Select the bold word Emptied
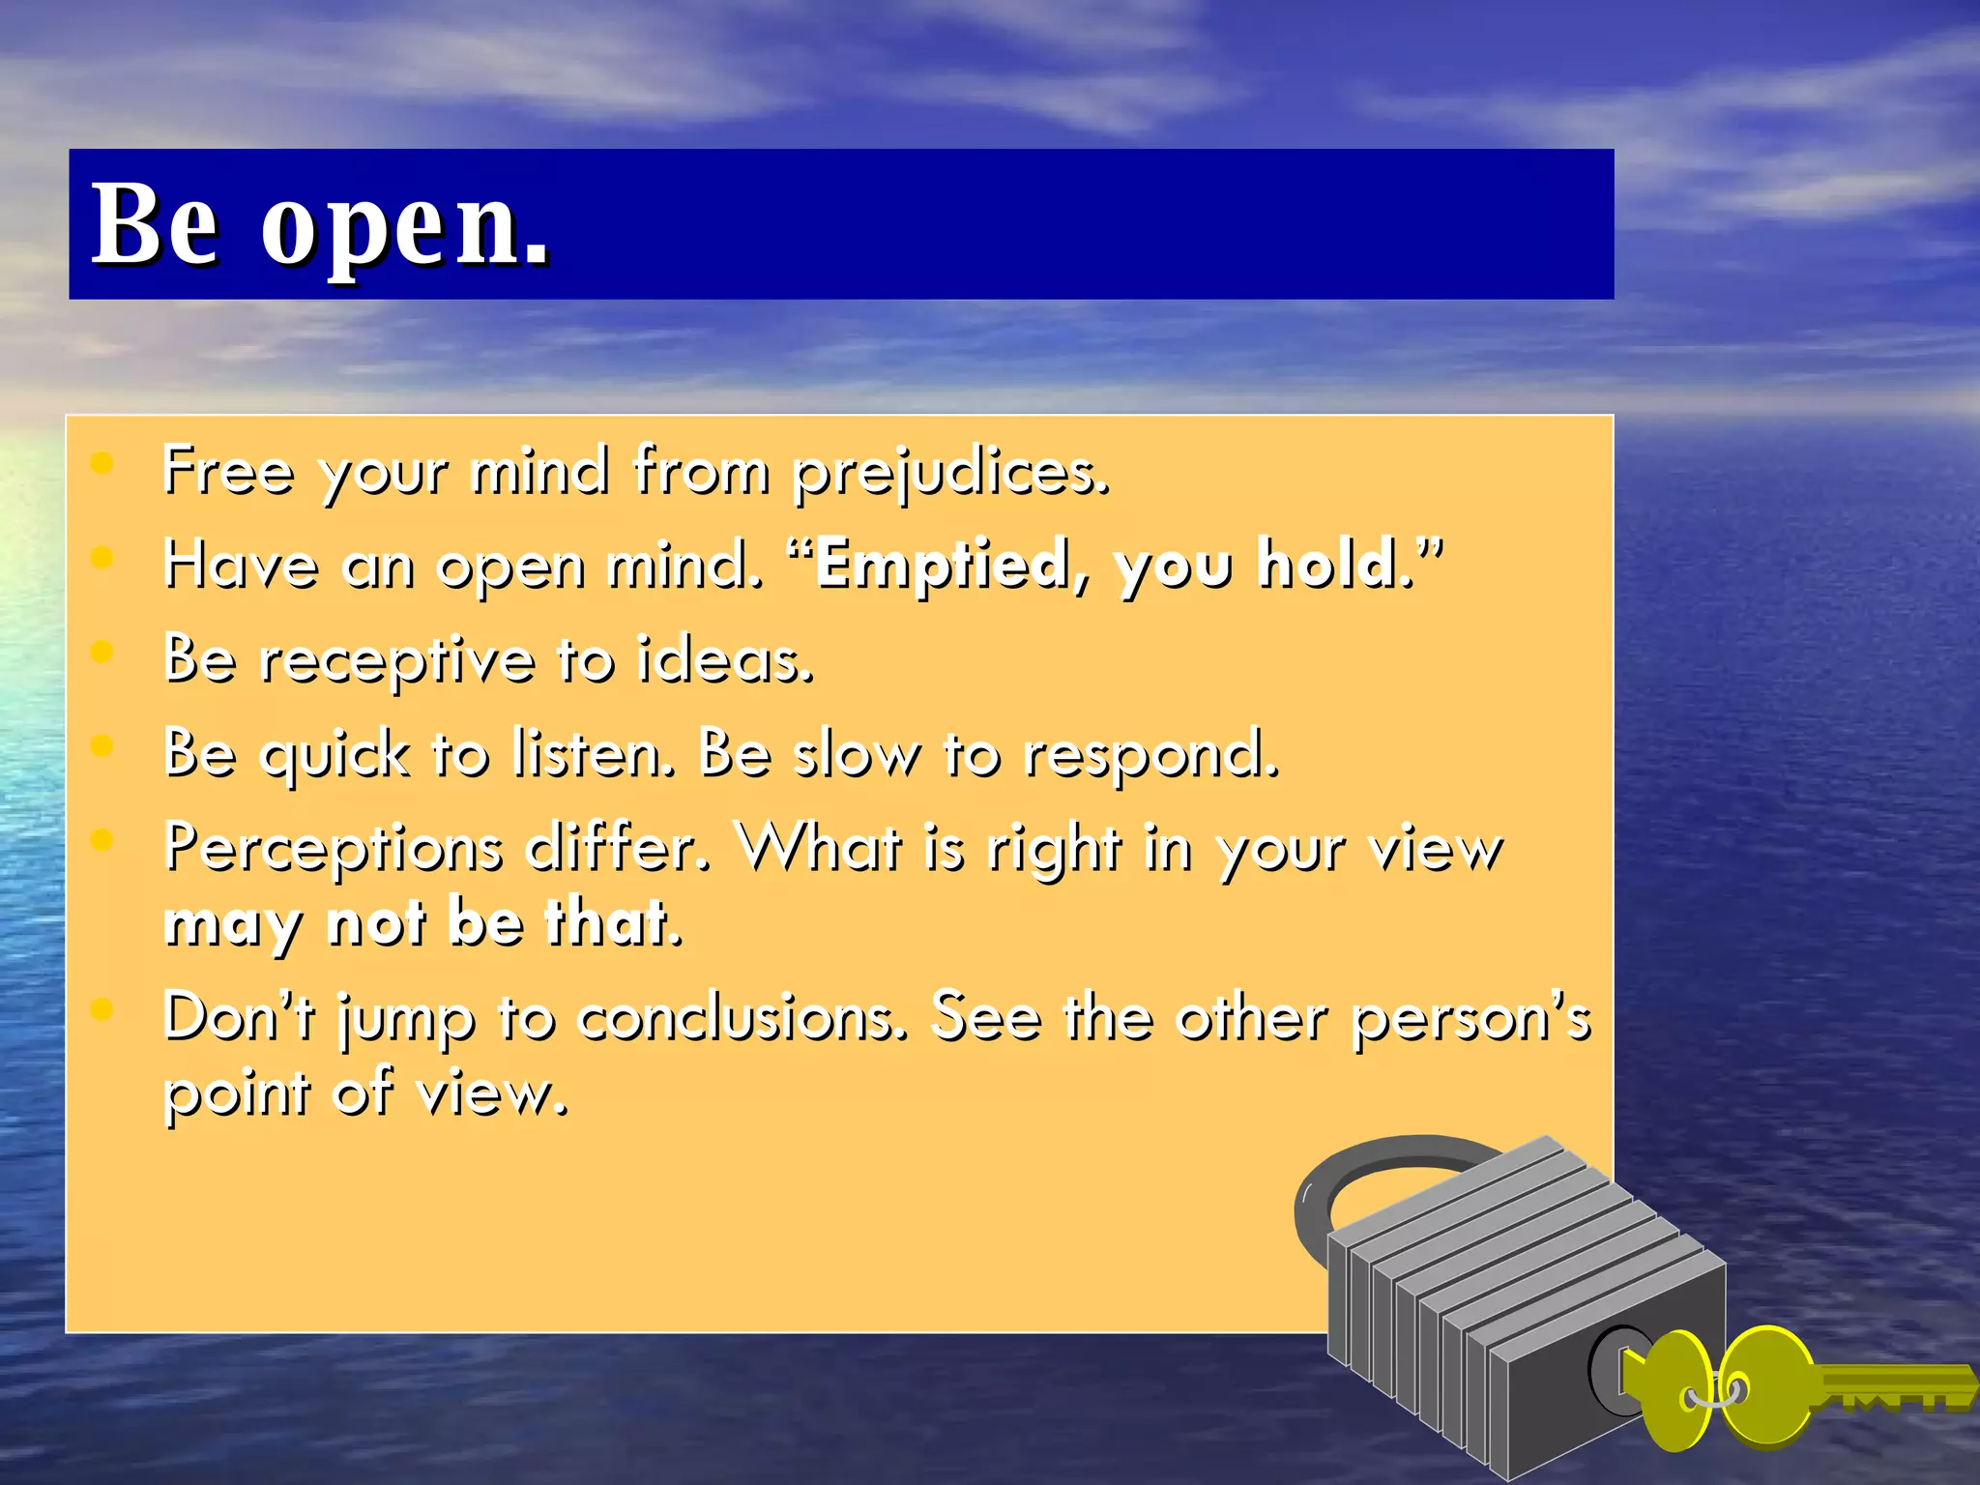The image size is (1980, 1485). tap(944, 566)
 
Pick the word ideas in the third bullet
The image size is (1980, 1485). tap(725, 661)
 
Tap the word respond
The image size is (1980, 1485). tap(1150, 755)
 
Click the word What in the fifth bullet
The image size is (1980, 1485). tap(820, 848)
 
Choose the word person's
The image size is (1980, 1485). tap(1470, 1018)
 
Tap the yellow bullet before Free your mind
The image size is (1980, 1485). tap(102, 465)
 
